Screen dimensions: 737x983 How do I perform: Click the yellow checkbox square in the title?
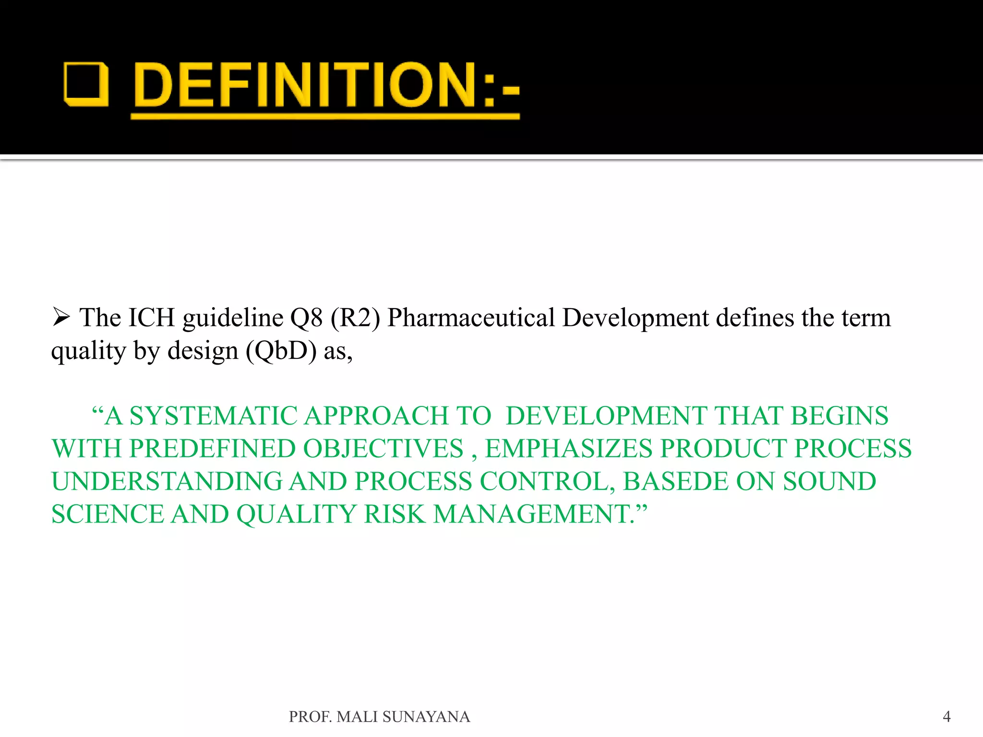[x=86, y=84]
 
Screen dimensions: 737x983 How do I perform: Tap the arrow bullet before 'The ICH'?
[x=61, y=317]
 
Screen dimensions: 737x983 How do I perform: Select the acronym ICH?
[x=151, y=318]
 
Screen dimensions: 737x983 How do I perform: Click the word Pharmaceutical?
[x=471, y=318]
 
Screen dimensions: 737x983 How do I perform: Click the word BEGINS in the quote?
[x=839, y=416]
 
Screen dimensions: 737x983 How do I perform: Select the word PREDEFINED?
[x=212, y=449]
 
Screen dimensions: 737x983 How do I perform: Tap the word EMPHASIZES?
[x=568, y=449]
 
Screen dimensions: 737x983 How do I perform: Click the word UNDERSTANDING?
[x=167, y=482]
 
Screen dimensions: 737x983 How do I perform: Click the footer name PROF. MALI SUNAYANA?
[x=379, y=716]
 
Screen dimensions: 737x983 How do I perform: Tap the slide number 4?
[x=947, y=716]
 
